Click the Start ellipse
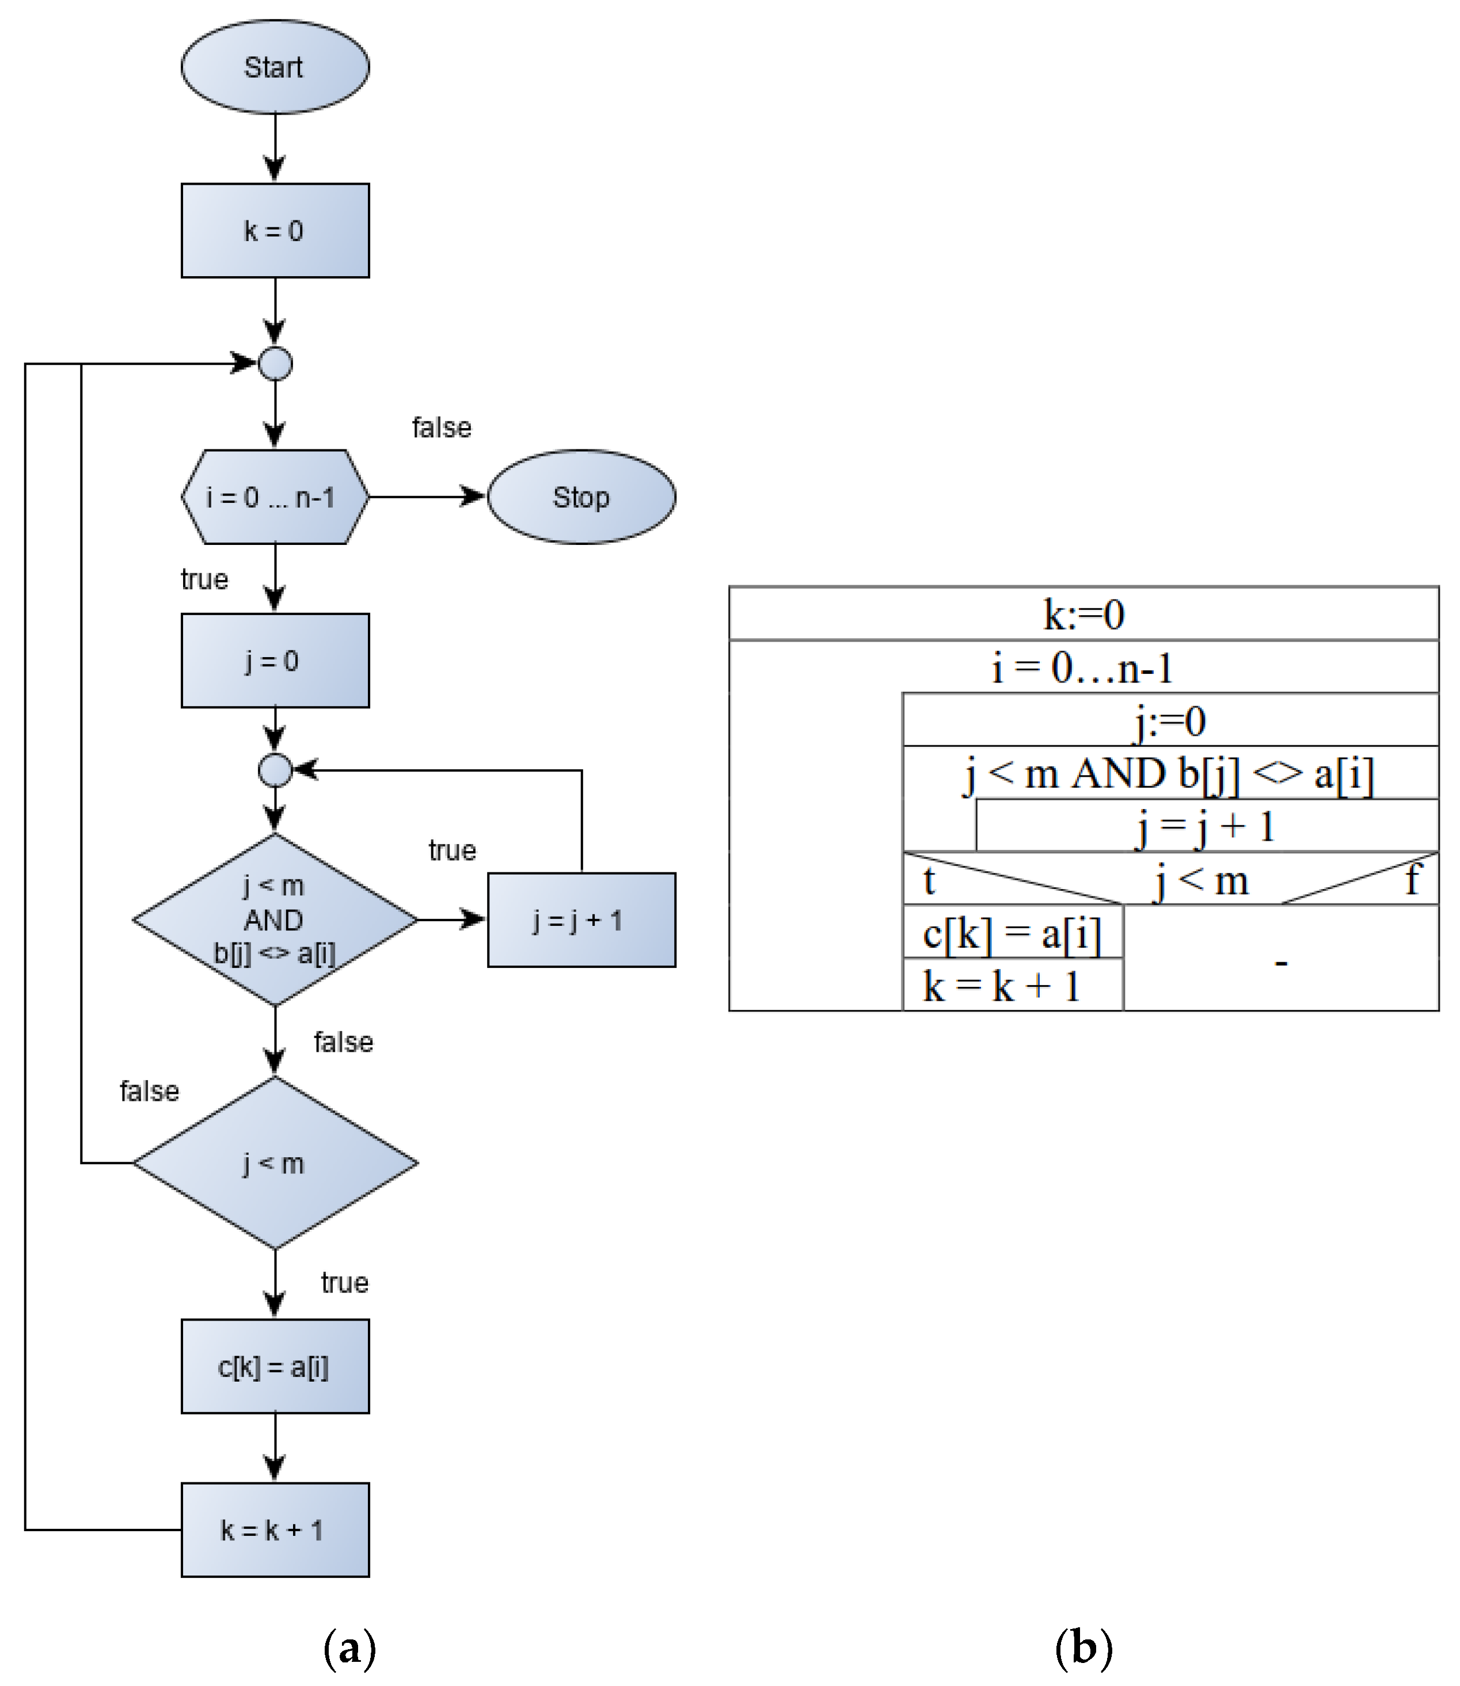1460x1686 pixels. point(275,67)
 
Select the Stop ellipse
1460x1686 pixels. point(581,497)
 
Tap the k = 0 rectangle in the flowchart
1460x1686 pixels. point(275,231)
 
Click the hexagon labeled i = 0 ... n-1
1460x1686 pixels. point(275,497)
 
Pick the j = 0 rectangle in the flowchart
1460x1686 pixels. point(275,661)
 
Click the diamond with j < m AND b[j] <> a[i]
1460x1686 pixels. point(275,920)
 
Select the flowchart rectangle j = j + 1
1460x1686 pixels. point(581,920)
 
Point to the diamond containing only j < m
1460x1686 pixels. point(275,1163)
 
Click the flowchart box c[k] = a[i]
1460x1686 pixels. point(275,1367)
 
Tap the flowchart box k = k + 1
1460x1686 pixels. point(275,1529)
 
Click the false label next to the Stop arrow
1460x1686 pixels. point(441,428)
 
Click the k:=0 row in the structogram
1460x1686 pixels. point(1083,614)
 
